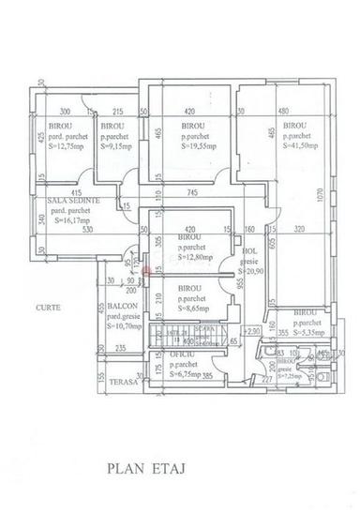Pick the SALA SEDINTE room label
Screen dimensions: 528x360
[x=67, y=201]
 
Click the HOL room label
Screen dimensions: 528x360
[x=248, y=251]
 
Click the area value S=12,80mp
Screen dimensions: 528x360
[x=199, y=257]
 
